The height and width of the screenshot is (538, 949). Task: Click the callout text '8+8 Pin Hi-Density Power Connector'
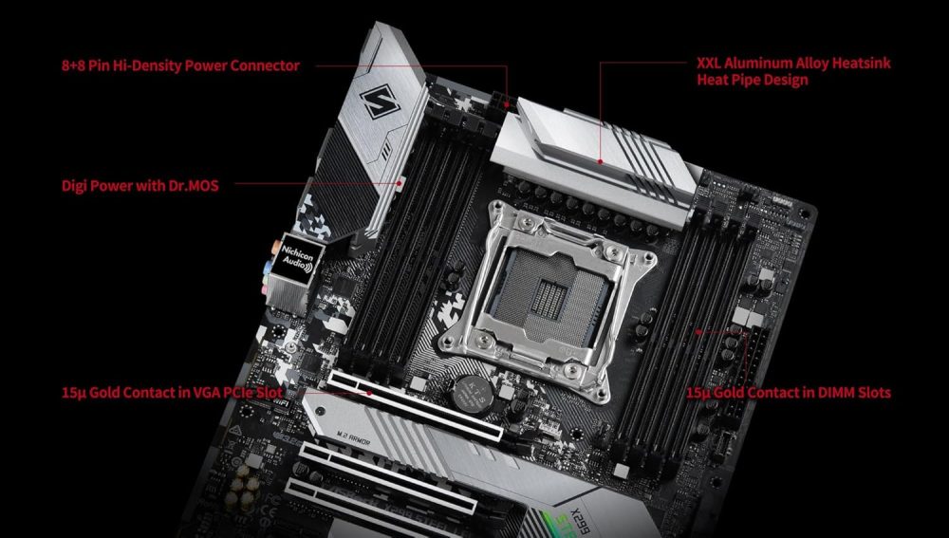pyautogui.click(x=179, y=66)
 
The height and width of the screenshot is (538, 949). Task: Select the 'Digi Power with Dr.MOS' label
pyautogui.click(x=140, y=186)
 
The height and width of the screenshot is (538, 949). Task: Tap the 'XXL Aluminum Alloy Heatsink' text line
pyautogui.click(x=793, y=64)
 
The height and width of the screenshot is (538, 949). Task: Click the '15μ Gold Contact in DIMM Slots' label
pyautogui.click(x=788, y=392)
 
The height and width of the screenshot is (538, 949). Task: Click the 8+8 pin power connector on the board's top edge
pyautogui.click(x=500, y=100)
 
